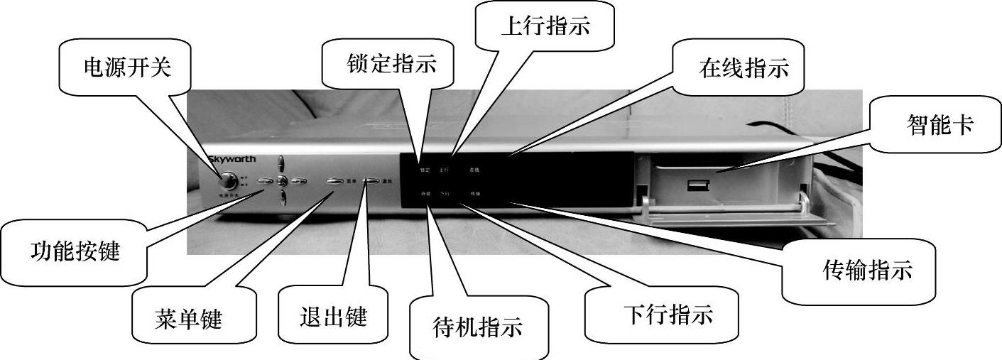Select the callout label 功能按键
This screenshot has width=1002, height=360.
pyautogui.click(x=75, y=251)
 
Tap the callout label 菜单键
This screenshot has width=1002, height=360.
pyautogui.click(x=187, y=319)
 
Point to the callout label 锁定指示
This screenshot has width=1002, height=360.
pyautogui.click(x=391, y=65)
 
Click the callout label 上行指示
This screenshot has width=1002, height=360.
pyautogui.click(x=546, y=27)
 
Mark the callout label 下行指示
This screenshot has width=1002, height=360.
pyautogui.click(x=668, y=314)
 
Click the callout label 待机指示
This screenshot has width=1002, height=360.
pyautogui.click(x=477, y=327)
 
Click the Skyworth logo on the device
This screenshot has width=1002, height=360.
pyautogui.click(x=232, y=160)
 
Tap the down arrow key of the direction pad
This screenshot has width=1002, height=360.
pyautogui.click(x=282, y=197)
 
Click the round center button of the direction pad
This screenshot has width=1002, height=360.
pyautogui.click(x=282, y=181)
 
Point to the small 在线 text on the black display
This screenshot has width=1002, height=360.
pyautogui.click(x=474, y=170)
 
